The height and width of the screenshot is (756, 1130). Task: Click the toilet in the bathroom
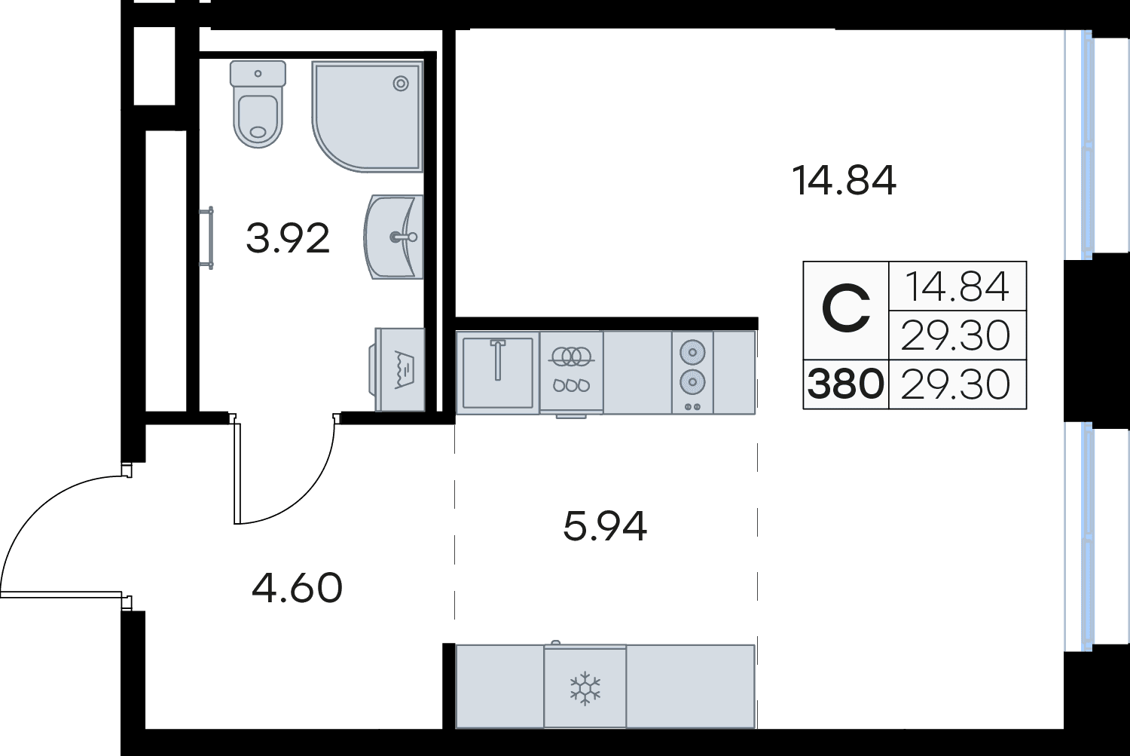(x=258, y=105)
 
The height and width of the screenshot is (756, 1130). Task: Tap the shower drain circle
(x=401, y=83)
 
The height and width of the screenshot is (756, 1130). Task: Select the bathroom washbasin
(x=393, y=237)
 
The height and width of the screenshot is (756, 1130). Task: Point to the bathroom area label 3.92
(x=288, y=238)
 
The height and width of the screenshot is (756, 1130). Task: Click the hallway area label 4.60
(x=297, y=588)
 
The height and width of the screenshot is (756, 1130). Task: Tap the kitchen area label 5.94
(x=605, y=526)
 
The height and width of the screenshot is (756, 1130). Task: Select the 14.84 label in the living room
(x=844, y=180)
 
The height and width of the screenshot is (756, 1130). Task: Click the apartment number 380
(x=846, y=384)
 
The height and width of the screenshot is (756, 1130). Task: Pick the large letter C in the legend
(x=846, y=309)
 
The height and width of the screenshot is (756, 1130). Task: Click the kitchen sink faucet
(x=498, y=360)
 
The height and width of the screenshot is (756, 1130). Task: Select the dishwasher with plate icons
(x=572, y=372)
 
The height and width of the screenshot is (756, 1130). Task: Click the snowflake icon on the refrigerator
(x=585, y=688)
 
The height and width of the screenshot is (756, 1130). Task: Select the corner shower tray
(x=368, y=117)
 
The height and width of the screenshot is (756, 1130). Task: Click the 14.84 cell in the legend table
(x=957, y=286)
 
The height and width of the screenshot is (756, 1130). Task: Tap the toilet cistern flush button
(x=258, y=74)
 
